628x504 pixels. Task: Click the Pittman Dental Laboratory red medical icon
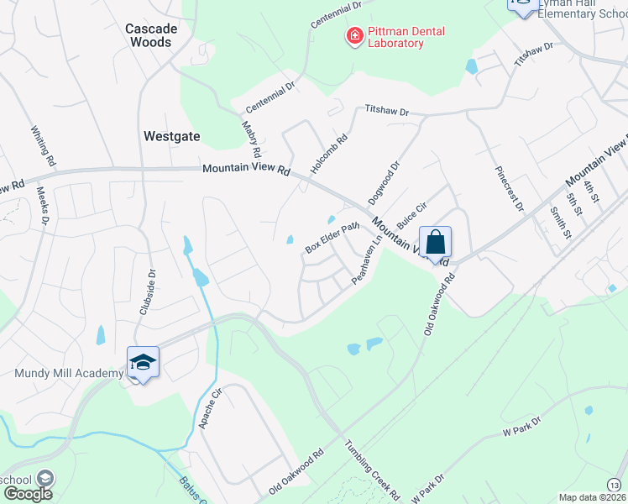(x=354, y=36)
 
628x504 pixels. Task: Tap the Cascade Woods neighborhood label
(x=151, y=35)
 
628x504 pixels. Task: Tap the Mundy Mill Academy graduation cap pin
(x=143, y=362)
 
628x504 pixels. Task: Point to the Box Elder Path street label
(x=332, y=237)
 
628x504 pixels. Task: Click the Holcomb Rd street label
(x=328, y=155)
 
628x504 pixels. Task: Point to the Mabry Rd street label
(x=253, y=139)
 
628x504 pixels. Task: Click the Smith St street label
(x=560, y=222)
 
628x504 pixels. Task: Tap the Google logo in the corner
(x=28, y=494)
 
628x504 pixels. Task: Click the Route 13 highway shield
(x=615, y=485)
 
